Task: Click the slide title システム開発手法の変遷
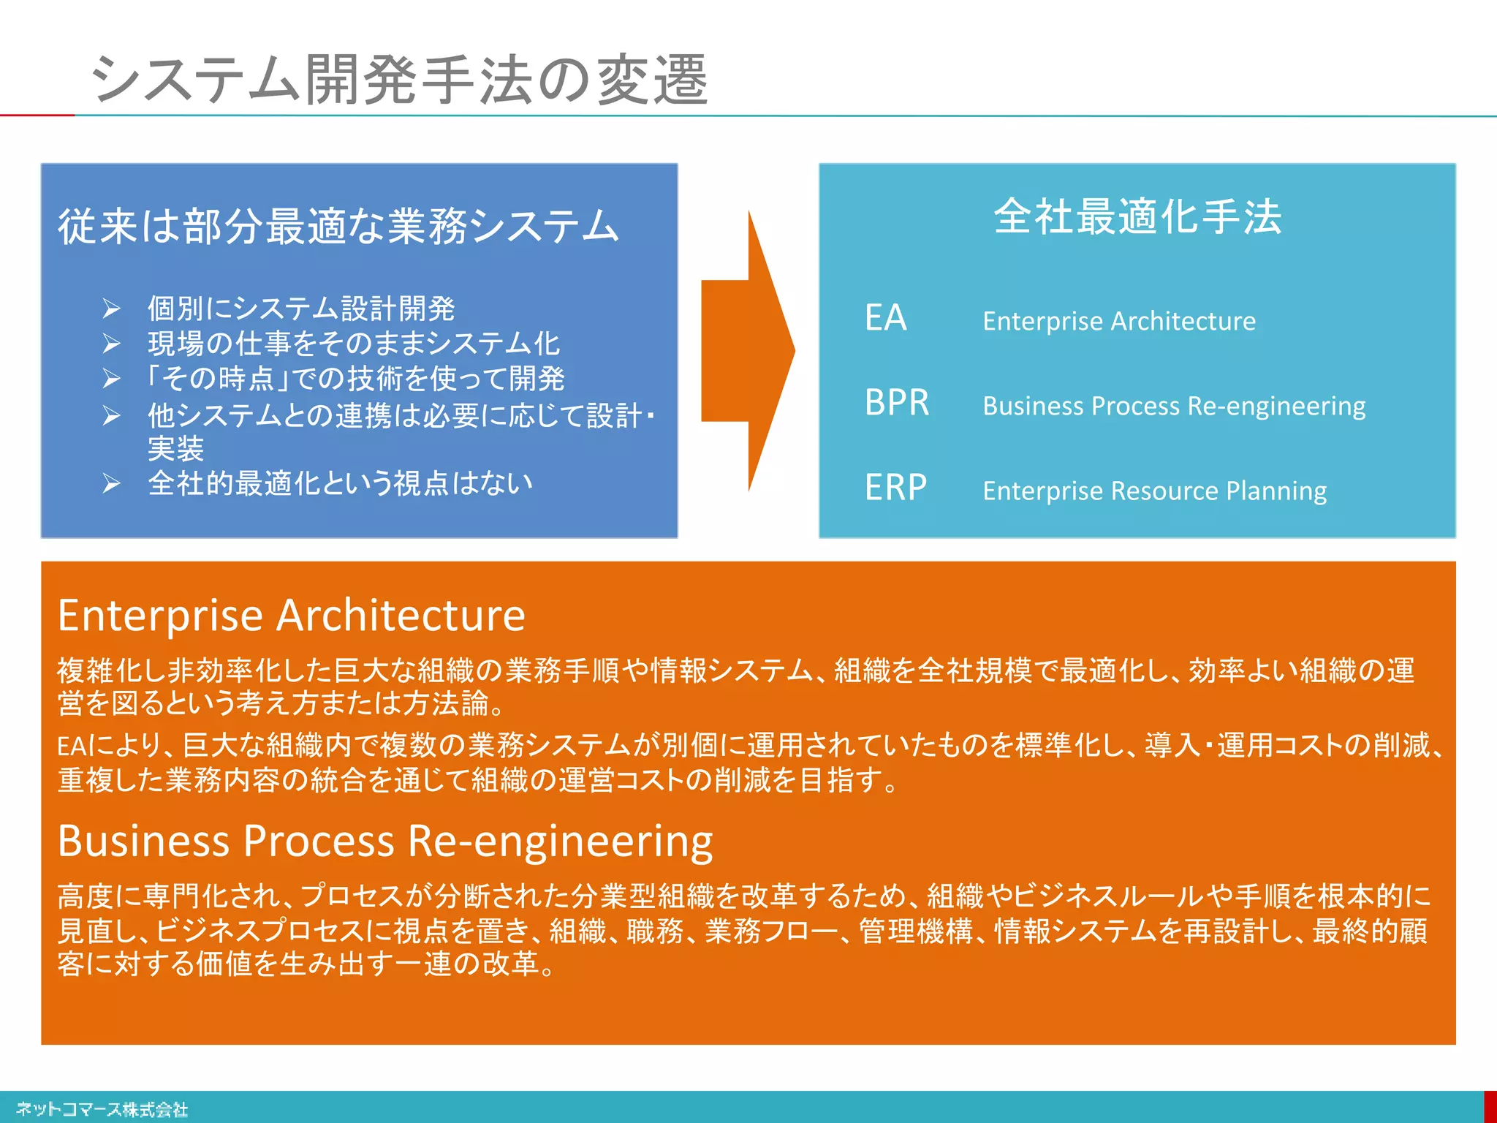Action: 399,79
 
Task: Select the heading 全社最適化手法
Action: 1137,216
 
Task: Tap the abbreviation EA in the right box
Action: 885,318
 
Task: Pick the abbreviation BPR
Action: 897,403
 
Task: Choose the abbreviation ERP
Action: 895,488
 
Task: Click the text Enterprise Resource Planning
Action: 1154,491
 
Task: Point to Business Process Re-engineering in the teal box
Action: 1174,406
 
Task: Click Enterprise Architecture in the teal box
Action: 1118,321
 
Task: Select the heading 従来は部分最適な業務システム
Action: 338,226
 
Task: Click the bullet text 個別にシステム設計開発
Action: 301,309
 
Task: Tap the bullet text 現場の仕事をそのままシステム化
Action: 354,344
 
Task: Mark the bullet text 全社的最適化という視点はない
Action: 340,483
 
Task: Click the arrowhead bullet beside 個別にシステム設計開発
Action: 111,309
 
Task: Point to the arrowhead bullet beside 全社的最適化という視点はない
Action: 111,484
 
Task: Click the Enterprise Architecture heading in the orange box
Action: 291,616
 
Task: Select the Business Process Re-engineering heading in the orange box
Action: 385,841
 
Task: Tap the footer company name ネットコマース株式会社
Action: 102,1109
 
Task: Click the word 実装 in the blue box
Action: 175,449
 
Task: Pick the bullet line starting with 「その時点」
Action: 355,379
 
